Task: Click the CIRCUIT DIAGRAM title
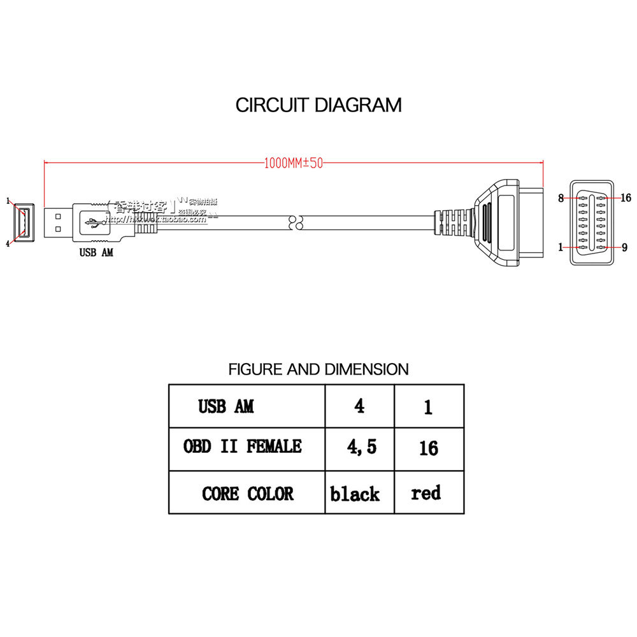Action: pyautogui.click(x=318, y=104)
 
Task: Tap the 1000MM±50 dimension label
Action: pyautogui.click(x=294, y=162)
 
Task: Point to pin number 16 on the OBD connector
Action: pyautogui.click(x=625, y=198)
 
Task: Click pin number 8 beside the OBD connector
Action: pyautogui.click(x=561, y=198)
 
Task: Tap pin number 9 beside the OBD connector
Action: pyautogui.click(x=624, y=247)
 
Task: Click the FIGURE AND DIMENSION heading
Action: pyautogui.click(x=318, y=369)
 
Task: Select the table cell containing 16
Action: pyautogui.click(x=429, y=448)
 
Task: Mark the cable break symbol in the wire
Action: pyautogui.click(x=296, y=222)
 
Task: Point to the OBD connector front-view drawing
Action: pyautogui.click(x=592, y=222)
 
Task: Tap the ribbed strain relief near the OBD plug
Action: pyautogui.click(x=454, y=222)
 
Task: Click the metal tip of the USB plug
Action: pyautogui.click(x=58, y=222)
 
